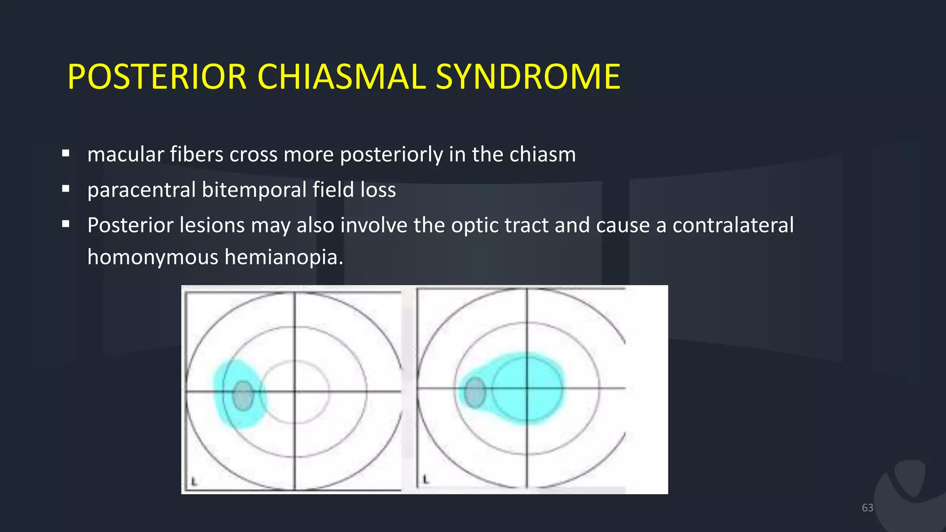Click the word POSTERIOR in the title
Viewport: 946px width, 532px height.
pyautogui.click(x=157, y=77)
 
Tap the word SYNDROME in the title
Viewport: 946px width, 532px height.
pyautogui.click(x=528, y=77)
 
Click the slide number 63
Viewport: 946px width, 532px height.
pyautogui.click(x=867, y=508)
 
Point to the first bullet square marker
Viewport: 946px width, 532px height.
pyautogui.click(x=66, y=153)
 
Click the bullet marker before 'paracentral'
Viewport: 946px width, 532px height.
pyautogui.click(x=66, y=189)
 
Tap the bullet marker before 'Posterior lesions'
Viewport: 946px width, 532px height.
pyautogui.click(x=66, y=224)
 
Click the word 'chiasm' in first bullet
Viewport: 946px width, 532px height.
pyautogui.click(x=542, y=154)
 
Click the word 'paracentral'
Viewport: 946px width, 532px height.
pyautogui.click(x=141, y=190)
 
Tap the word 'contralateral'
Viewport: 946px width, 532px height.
pyautogui.click(x=733, y=225)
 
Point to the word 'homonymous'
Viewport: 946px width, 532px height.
pyautogui.click(x=152, y=257)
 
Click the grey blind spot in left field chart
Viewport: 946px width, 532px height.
pyautogui.click(x=243, y=396)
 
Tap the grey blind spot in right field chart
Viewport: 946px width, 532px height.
pyautogui.click(x=475, y=392)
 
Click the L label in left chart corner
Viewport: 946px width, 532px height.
pyautogui.click(x=194, y=482)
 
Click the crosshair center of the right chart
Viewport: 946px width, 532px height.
pyautogui.click(x=527, y=388)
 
